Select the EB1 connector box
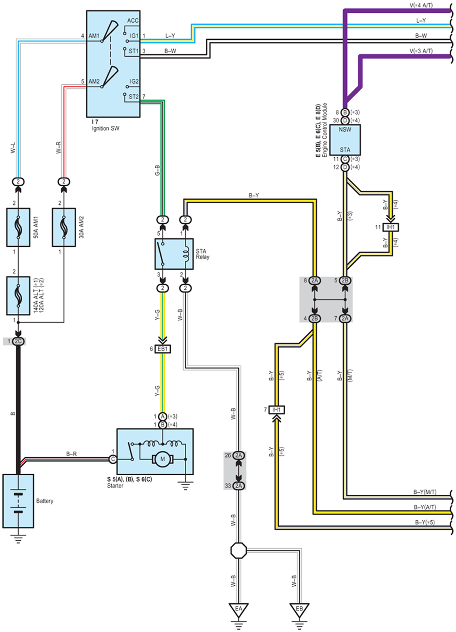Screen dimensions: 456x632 coord(163,349)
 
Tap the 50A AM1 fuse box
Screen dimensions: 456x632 coord(18,227)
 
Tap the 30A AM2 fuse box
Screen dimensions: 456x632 coord(64,227)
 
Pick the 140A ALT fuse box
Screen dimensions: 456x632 coord(18,296)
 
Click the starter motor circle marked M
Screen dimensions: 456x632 coord(163,459)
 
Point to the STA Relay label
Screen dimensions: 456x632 coord(203,254)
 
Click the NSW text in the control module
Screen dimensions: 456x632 coord(345,130)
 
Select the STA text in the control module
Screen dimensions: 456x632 coord(345,150)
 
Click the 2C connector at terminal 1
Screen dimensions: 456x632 coord(18,341)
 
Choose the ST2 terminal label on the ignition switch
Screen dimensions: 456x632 coord(134,97)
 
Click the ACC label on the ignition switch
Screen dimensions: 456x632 coord(133,21)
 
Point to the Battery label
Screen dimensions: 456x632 coord(45,501)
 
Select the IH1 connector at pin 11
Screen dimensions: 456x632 coord(390,227)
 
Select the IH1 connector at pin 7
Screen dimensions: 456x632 coord(277,410)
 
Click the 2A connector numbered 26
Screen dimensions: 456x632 coord(239,455)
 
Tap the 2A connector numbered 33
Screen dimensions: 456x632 coord(239,486)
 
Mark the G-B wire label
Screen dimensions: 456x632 coord(157,170)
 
